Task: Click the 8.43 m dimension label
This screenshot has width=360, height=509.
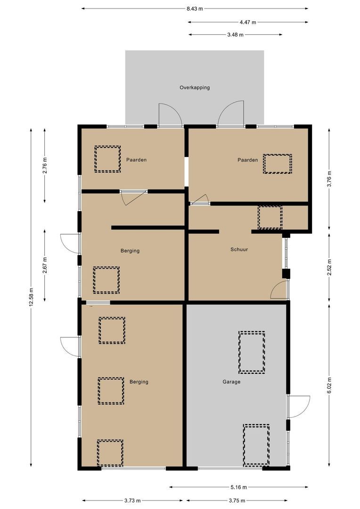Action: [195, 8]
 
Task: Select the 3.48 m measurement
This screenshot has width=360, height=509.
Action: [235, 34]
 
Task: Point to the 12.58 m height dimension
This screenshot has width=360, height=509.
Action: [31, 296]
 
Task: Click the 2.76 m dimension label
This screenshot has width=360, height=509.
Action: [45, 165]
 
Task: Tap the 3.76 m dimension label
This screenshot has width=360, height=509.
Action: [329, 179]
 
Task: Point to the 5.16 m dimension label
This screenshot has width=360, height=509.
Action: [238, 487]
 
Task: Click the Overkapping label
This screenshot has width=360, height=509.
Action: [194, 88]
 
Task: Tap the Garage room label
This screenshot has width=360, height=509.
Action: [231, 382]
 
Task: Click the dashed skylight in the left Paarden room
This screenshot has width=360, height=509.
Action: [107, 159]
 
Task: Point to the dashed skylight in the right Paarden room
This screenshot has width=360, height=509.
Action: [277, 164]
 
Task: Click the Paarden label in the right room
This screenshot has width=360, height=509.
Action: [247, 160]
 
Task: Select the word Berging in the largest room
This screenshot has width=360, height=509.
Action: [139, 382]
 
